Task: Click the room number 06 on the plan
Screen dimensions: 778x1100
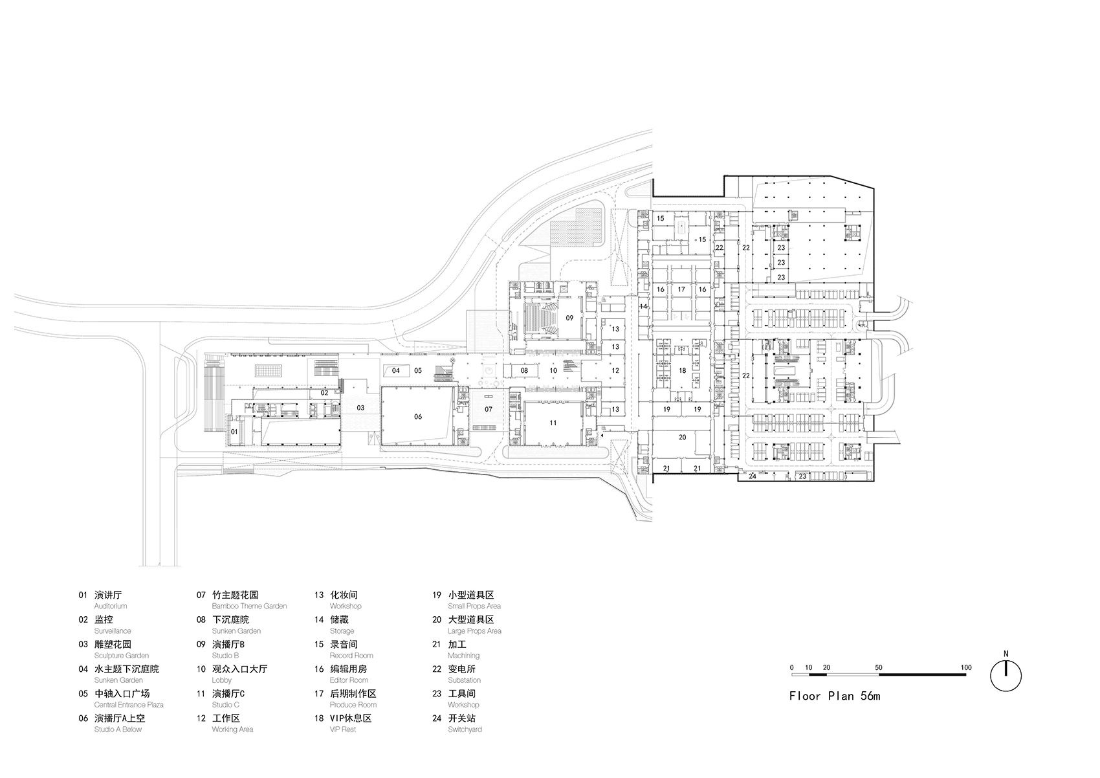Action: (418, 416)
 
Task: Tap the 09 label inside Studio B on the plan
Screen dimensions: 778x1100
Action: (569, 318)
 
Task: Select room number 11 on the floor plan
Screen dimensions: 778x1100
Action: (553, 423)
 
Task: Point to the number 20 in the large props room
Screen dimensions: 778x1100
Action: (682, 438)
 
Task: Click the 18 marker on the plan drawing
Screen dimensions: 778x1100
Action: (682, 371)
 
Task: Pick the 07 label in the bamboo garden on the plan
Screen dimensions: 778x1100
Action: (489, 409)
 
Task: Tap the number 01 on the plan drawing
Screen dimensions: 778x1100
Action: (234, 431)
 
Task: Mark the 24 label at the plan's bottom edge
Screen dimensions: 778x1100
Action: (752, 476)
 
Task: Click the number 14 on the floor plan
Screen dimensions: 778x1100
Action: (643, 306)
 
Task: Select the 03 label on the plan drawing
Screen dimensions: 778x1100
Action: (360, 408)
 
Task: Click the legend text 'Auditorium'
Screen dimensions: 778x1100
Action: (111, 606)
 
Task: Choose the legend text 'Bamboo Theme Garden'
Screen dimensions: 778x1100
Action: (249, 606)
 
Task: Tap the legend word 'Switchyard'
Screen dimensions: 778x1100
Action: (465, 729)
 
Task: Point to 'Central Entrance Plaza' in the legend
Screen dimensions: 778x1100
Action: (129, 705)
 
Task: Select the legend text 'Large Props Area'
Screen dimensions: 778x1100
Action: (474, 631)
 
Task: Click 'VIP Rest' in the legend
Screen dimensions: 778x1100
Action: (343, 729)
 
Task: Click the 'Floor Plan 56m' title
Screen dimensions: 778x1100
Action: (834, 696)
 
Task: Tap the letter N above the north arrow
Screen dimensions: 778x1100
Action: (1006, 654)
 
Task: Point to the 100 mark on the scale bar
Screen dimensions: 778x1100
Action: (965, 667)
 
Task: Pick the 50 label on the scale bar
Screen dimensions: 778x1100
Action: (878, 667)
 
